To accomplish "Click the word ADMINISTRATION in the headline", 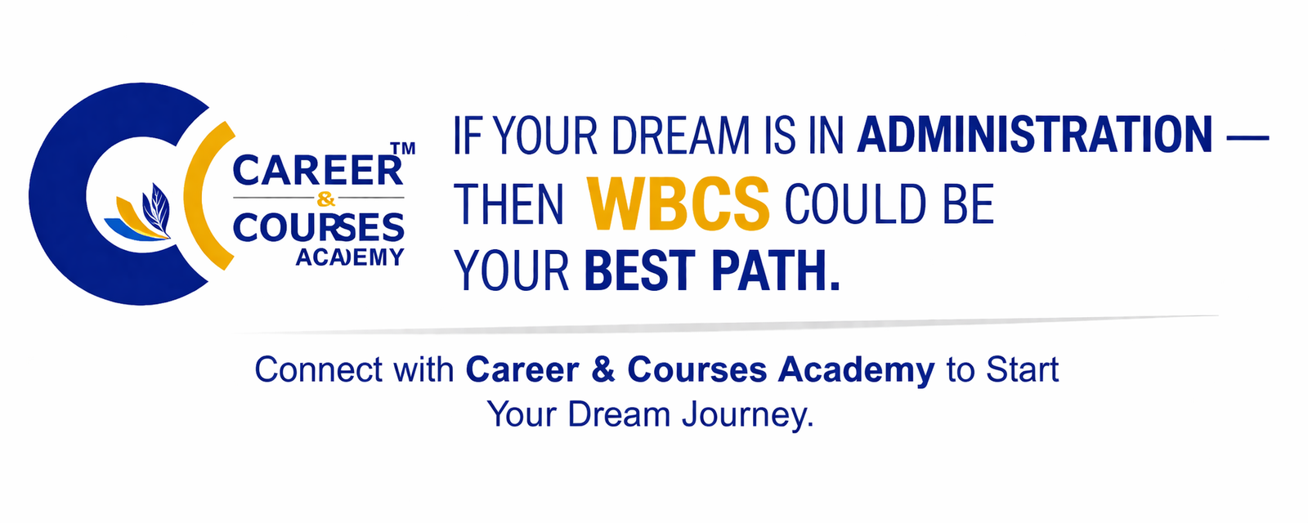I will point(1034,136).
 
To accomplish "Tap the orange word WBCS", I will point(679,204).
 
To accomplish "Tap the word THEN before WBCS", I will point(508,204).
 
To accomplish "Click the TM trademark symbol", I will point(403,149).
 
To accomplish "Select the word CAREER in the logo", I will point(318,172).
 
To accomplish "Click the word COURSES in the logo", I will point(318,228).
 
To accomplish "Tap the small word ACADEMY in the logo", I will point(350,257).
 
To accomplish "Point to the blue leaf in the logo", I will point(155,208).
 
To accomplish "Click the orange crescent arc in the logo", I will point(200,196).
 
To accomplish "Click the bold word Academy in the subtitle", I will point(856,370).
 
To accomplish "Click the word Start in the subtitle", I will point(1022,370).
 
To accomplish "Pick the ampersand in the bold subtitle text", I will point(602,370).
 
